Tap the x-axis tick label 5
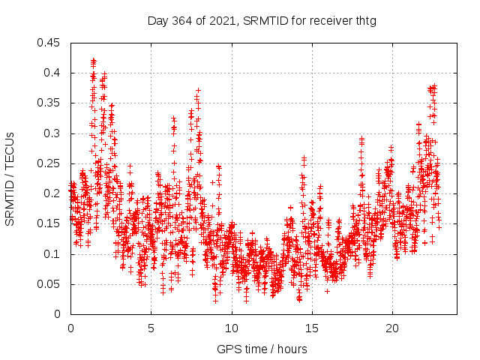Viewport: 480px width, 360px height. pos(151,328)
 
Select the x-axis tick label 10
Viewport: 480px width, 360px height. pos(232,328)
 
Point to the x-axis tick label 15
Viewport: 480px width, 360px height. pos(312,328)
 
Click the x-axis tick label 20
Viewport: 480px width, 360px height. pos(392,328)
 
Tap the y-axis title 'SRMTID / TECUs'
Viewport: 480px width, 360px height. pos(10,178)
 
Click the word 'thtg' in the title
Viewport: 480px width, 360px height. pos(365,20)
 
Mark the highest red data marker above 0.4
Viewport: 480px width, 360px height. pos(93,60)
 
